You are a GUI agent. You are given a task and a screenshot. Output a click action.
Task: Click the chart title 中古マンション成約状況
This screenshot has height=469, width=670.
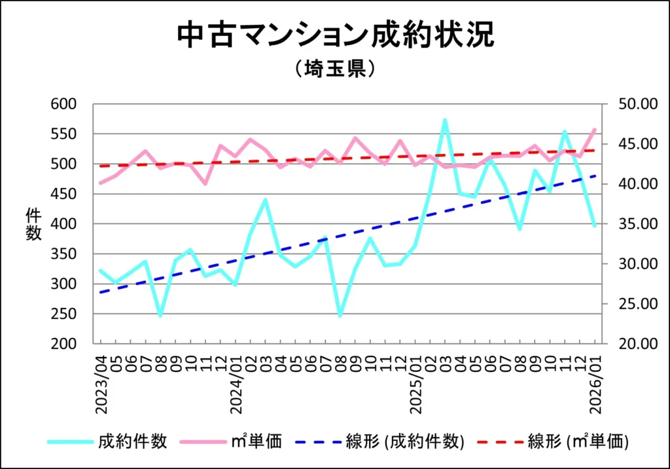(335, 35)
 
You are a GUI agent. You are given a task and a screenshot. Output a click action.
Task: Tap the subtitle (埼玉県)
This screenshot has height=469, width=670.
(334, 69)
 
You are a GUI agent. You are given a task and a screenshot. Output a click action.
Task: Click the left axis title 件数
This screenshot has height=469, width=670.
(33, 224)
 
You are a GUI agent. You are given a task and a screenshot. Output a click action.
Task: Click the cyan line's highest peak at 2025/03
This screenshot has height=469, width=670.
(445, 120)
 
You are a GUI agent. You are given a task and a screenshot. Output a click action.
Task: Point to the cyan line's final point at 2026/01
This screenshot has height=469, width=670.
(594, 226)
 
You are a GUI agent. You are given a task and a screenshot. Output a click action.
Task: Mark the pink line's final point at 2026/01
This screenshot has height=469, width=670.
(594, 130)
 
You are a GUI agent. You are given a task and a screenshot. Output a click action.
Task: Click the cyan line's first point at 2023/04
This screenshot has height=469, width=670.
(101, 270)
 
